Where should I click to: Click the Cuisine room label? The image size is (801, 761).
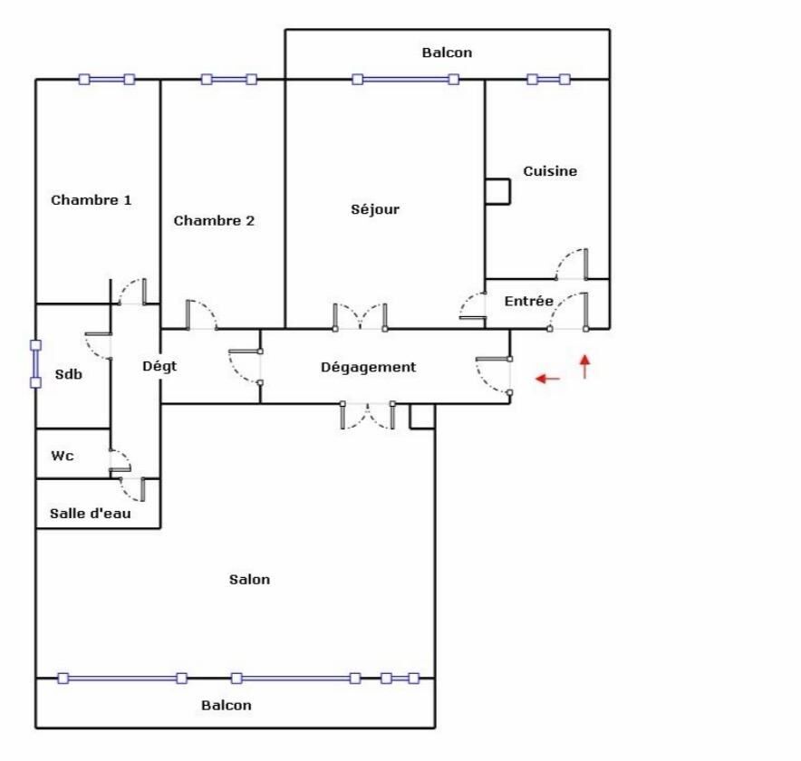tap(550, 171)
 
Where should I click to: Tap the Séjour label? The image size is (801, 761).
tap(375, 209)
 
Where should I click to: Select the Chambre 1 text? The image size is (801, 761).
tap(91, 199)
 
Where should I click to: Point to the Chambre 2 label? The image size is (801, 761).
tap(214, 221)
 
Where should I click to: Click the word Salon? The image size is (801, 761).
tap(249, 579)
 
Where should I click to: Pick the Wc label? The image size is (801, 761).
tap(63, 456)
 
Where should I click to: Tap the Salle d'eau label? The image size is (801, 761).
tap(91, 514)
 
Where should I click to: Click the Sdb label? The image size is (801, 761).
tap(69, 374)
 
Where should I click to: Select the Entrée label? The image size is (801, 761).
tap(529, 301)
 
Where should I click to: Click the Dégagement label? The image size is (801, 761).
tap(368, 367)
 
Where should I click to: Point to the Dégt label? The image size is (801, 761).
tap(159, 366)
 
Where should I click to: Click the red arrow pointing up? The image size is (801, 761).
tap(585, 367)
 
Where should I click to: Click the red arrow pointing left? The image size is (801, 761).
tap(547, 379)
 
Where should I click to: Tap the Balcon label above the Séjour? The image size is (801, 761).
tap(447, 53)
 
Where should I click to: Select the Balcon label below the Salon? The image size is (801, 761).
tap(227, 706)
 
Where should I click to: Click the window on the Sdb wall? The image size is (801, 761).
tap(35, 364)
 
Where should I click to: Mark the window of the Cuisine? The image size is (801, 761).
tap(548, 79)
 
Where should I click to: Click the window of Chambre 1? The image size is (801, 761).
tap(107, 79)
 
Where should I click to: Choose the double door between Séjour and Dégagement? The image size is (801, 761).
tap(360, 317)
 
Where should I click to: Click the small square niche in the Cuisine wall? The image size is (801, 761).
tap(497, 191)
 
